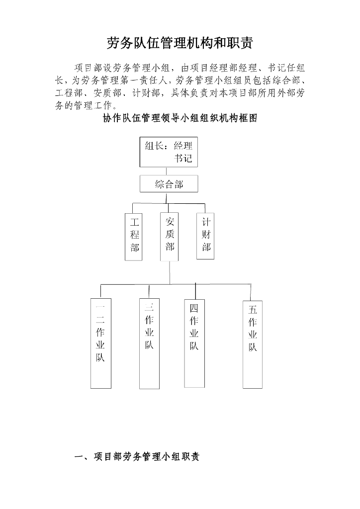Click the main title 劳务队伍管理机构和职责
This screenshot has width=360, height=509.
pyautogui.click(x=180, y=44)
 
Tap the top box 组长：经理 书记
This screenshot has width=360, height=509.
pyautogui.click(x=169, y=152)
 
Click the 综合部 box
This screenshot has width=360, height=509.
pyautogui.click(x=169, y=184)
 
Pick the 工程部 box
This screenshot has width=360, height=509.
pyautogui.click(x=134, y=237)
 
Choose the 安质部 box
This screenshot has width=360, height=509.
pyautogui.click(x=170, y=237)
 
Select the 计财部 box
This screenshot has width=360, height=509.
pyautogui.click(x=206, y=236)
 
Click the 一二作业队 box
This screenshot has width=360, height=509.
pyautogui.click(x=100, y=343)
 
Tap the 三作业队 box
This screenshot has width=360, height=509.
pyautogui.click(x=149, y=343)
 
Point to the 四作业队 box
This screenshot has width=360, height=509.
pyautogui.click(x=194, y=343)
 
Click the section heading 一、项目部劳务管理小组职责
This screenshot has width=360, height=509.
pyautogui.click(x=137, y=457)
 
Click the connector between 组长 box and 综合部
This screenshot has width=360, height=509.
pyautogui.click(x=169, y=171)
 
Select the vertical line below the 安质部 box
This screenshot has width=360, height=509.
pyautogui.click(x=170, y=272)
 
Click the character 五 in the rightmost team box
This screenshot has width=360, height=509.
pyautogui.click(x=253, y=310)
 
